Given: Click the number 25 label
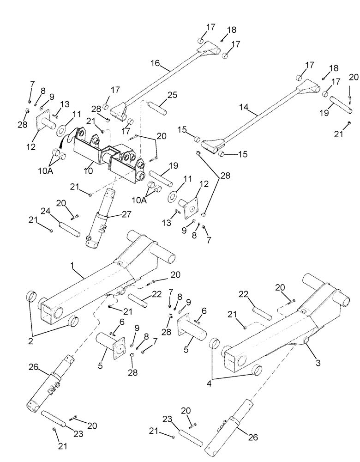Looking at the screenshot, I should pos(172,95).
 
